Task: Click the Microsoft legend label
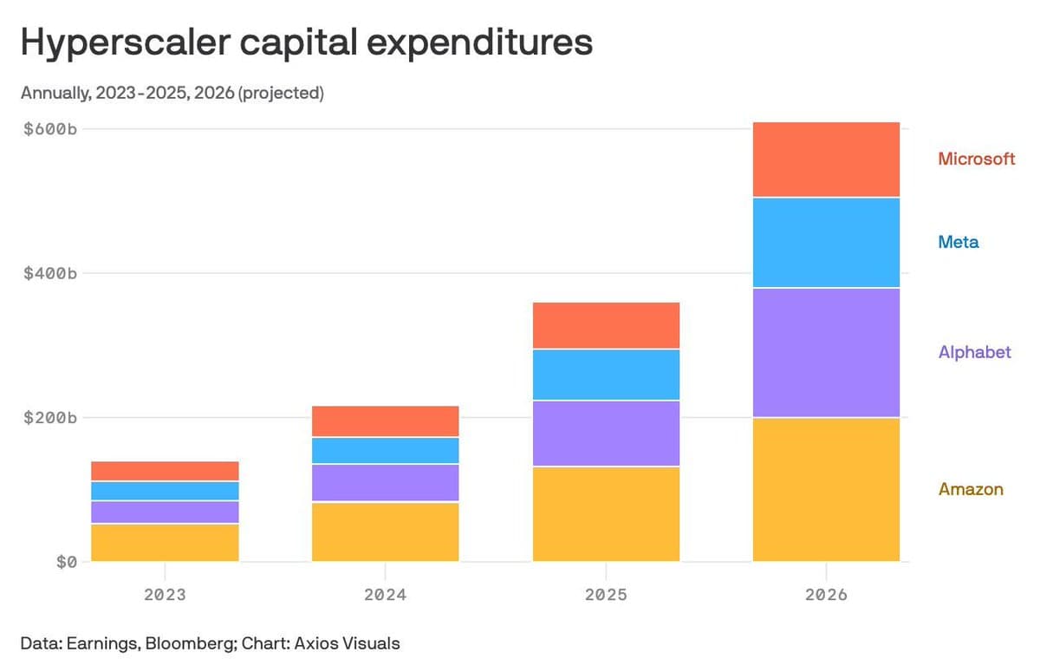pyautogui.click(x=976, y=159)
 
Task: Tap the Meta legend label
pyautogui.click(x=958, y=242)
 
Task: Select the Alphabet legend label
pyautogui.click(x=974, y=352)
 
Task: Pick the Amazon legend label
pyautogui.click(x=971, y=489)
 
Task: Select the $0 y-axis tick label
pyautogui.click(x=66, y=562)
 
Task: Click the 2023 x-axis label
pyautogui.click(x=165, y=596)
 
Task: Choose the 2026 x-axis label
pyautogui.click(x=826, y=596)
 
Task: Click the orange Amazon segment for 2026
pyautogui.click(x=826, y=489)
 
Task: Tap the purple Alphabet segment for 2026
pyautogui.click(x=826, y=352)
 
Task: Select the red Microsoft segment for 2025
pyautogui.click(x=606, y=325)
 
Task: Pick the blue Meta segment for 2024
pyautogui.click(x=385, y=450)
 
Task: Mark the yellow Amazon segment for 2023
pyautogui.click(x=165, y=542)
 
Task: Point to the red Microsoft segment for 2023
pyautogui.click(x=165, y=471)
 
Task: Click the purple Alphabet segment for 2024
pyautogui.click(x=385, y=483)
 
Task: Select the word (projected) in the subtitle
pyautogui.click(x=281, y=93)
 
